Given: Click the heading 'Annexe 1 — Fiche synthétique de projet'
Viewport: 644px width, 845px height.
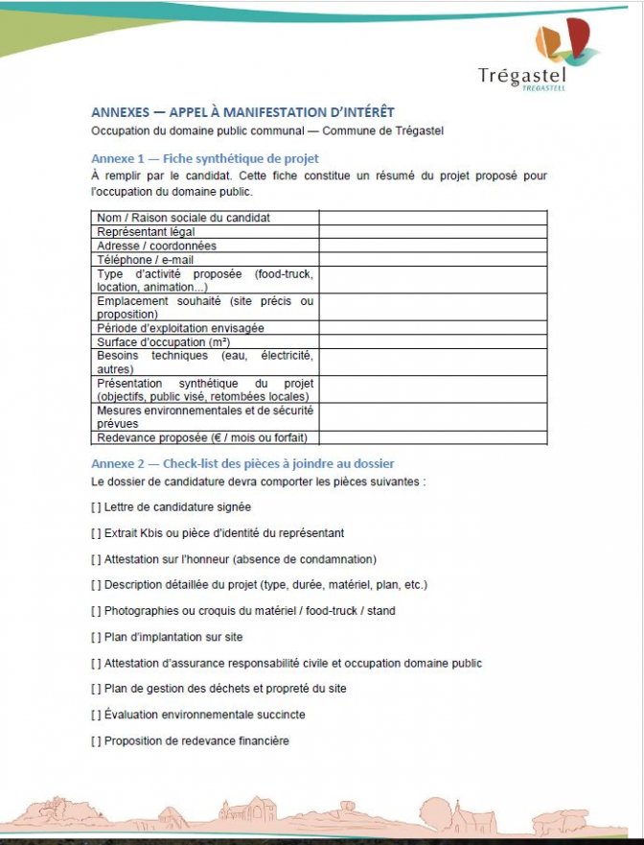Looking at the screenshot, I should (205, 158).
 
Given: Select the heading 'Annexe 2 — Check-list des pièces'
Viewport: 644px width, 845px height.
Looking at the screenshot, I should (242, 463).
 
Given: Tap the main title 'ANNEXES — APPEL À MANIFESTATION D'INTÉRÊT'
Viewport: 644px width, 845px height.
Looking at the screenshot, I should (242, 111).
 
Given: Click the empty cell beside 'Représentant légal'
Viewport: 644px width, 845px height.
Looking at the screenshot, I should (432, 231).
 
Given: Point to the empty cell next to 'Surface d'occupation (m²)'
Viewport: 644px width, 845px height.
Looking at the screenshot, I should (432, 341).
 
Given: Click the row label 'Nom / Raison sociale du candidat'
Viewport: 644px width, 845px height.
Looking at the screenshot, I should (183, 218).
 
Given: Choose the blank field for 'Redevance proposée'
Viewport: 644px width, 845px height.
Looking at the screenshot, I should (432, 437).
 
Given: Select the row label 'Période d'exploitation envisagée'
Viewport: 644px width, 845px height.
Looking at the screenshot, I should (180, 328).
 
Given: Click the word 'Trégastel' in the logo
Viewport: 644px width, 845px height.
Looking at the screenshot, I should (522, 76).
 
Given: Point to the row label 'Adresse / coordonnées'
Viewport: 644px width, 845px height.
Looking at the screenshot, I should (156, 246).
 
